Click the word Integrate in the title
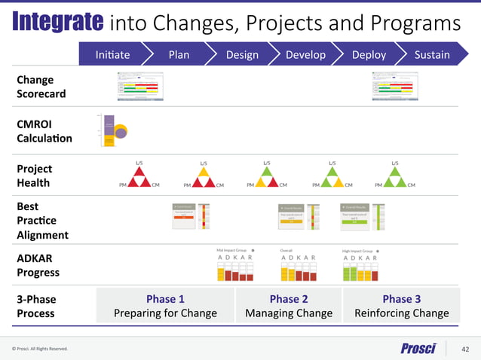[x=57, y=23]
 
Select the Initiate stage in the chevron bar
[x=113, y=54]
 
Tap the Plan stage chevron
[x=179, y=54]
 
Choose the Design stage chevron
[x=242, y=54]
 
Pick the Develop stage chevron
[x=305, y=54]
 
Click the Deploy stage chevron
[x=369, y=54]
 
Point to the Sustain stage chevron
[x=432, y=54]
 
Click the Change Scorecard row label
[x=41, y=87]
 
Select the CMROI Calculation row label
[x=44, y=130]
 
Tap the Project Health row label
[x=33, y=175]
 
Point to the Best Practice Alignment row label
[x=42, y=220]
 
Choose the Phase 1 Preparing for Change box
[x=165, y=306]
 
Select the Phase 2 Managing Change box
[x=289, y=306]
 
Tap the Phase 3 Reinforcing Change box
[x=401, y=306]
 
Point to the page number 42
[x=464, y=348]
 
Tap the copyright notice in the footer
[x=40, y=349]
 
